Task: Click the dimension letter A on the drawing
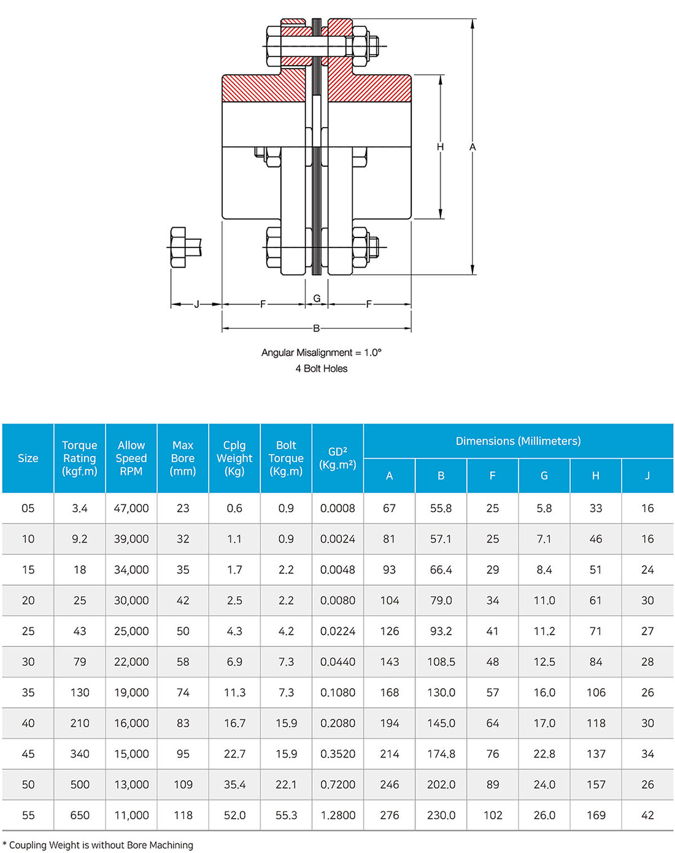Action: (472, 147)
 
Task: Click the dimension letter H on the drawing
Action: (440, 147)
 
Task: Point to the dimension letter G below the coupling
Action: (317, 298)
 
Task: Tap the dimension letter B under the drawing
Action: (317, 328)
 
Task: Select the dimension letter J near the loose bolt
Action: (196, 304)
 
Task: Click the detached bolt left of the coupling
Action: (183, 247)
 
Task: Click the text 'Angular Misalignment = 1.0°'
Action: (321, 352)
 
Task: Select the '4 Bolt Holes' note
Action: (321, 368)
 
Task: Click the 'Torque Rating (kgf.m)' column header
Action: (80, 458)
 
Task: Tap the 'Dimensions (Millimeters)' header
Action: (518, 441)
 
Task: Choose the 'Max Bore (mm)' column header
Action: (183, 458)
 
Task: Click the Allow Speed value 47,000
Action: (131, 508)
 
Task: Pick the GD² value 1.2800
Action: (337, 815)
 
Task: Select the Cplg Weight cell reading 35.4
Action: (234, 784)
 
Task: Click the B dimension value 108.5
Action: (441, 662)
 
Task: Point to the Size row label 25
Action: (28, 631)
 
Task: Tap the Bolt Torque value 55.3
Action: (286, 815)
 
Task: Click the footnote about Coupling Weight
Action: (98, 845)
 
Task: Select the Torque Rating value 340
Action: (80, 754)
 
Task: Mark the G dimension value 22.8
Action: (544, 754)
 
